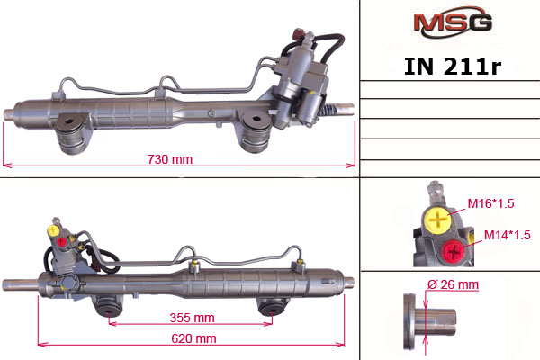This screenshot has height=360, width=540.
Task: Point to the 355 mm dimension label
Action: tap(191, 318)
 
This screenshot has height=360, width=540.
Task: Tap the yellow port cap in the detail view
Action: tap(437, 219)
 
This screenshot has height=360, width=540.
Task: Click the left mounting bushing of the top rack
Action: tap(71, 136)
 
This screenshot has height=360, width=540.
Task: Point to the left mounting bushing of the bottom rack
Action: tap(110, 306)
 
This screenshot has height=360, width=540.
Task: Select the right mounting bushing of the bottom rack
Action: tap(270, 306)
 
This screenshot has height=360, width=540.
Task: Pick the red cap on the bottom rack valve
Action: tap(61, 240)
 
